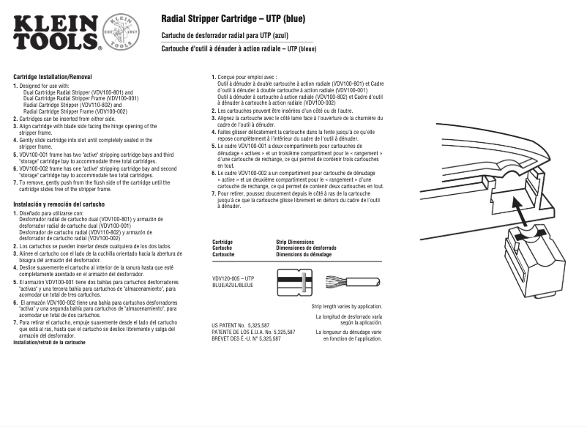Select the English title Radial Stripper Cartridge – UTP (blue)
coord(233,18)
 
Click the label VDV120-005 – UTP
coord(233,278)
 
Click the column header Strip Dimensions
coord(295,242)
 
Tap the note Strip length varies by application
coord(346,306)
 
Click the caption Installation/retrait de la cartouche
coord(50,343)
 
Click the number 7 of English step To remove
coord(15,181)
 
